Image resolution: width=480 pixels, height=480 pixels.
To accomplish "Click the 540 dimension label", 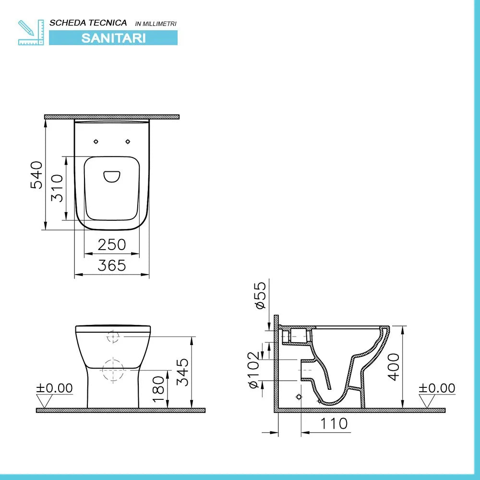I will click(x=37, y=175).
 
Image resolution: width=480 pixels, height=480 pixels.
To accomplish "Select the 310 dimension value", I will click(x=57, y=188).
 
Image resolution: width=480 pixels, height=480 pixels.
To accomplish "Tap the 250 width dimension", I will click(x=112, y=245).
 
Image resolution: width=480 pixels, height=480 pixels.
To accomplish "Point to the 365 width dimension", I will click(x=112, y=265).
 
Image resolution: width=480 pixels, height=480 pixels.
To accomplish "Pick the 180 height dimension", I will click(x=159, y=389).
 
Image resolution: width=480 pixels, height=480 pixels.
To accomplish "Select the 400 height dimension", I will click(x=394, y=367).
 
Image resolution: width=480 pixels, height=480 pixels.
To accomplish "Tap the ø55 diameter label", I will click(x=261, y=296).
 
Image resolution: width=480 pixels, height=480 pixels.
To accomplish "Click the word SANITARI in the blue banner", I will click(x=113, y=38).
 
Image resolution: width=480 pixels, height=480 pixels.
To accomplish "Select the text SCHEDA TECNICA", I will click(x=88, y=23).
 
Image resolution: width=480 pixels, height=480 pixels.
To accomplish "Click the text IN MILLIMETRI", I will click(x=156, y=24).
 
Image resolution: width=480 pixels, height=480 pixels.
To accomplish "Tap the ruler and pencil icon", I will click(x=31, y=32).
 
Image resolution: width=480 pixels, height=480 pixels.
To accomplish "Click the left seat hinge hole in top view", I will click(x=96, y=141).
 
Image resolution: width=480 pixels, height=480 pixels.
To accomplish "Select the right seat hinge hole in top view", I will click(x=128, y=141).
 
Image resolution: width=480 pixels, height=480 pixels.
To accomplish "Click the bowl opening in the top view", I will click(x=112, y=177).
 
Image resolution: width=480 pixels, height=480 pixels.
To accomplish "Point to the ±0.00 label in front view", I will click(x=55, y=388).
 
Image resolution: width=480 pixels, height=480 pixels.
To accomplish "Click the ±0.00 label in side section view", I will click(x=437, y=388).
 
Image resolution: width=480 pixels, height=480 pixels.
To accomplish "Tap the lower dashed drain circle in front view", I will click(x=113, y=370).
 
